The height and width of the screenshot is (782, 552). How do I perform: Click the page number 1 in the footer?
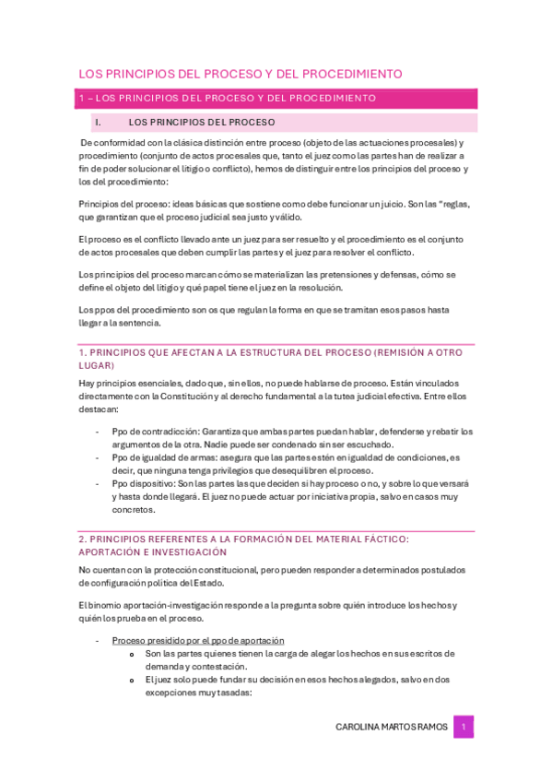[465, 727]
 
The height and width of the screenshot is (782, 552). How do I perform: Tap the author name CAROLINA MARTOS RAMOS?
[392, 727]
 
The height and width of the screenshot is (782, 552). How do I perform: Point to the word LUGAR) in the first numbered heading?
[95, 366]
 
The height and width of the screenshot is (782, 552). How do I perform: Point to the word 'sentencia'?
[140, 323]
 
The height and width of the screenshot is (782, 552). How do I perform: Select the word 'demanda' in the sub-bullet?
[165, 666]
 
